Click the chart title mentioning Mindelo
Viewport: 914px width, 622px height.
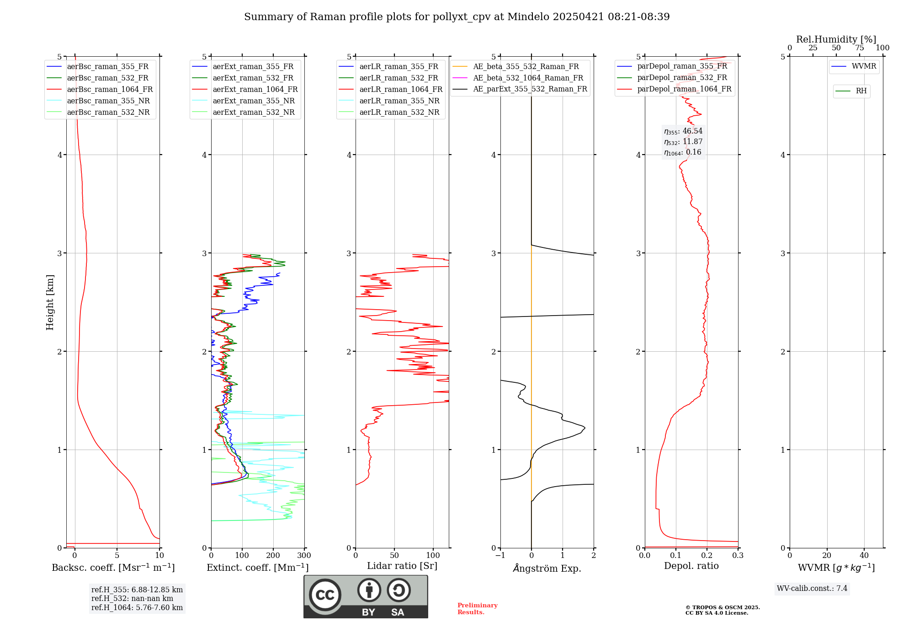tap(457, 17)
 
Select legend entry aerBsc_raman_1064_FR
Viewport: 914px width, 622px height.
tap(110, 90)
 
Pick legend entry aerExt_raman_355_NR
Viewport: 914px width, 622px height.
tap(254, 101)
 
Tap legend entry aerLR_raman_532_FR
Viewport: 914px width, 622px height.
tap(399, 78)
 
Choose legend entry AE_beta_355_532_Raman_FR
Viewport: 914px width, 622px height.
tap(526, 67)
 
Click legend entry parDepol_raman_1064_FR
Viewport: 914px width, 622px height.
tap(684, 89)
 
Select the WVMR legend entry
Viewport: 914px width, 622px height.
tap(864, 66)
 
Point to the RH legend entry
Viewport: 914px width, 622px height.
tap(861, 91)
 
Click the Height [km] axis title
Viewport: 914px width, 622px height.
tap(50, 302)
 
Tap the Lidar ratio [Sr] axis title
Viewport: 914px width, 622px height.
tap(402, 566)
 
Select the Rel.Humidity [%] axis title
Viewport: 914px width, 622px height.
tap(836, 39)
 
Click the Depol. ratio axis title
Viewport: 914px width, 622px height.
tap(691, 566)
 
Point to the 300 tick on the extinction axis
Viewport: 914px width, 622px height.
tap(304, 556)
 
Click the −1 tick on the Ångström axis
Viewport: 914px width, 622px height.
tap(500, 556)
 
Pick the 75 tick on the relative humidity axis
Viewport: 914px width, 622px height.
tap(859, 48)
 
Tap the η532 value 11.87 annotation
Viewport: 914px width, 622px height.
tap(684, 142)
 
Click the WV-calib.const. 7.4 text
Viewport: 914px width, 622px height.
tap(812, 589)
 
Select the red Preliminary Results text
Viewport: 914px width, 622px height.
tap(477, 609)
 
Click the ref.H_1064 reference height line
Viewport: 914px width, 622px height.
tap(137, 608)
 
